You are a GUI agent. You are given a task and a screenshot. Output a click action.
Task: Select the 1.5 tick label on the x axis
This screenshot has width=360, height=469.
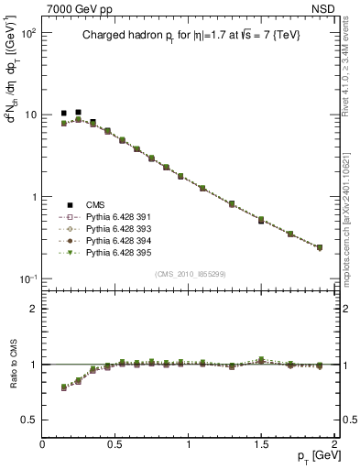[x=261, y=442]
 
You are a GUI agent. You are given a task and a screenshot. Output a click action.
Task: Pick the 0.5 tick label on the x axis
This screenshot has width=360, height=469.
[x=115, y=442]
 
